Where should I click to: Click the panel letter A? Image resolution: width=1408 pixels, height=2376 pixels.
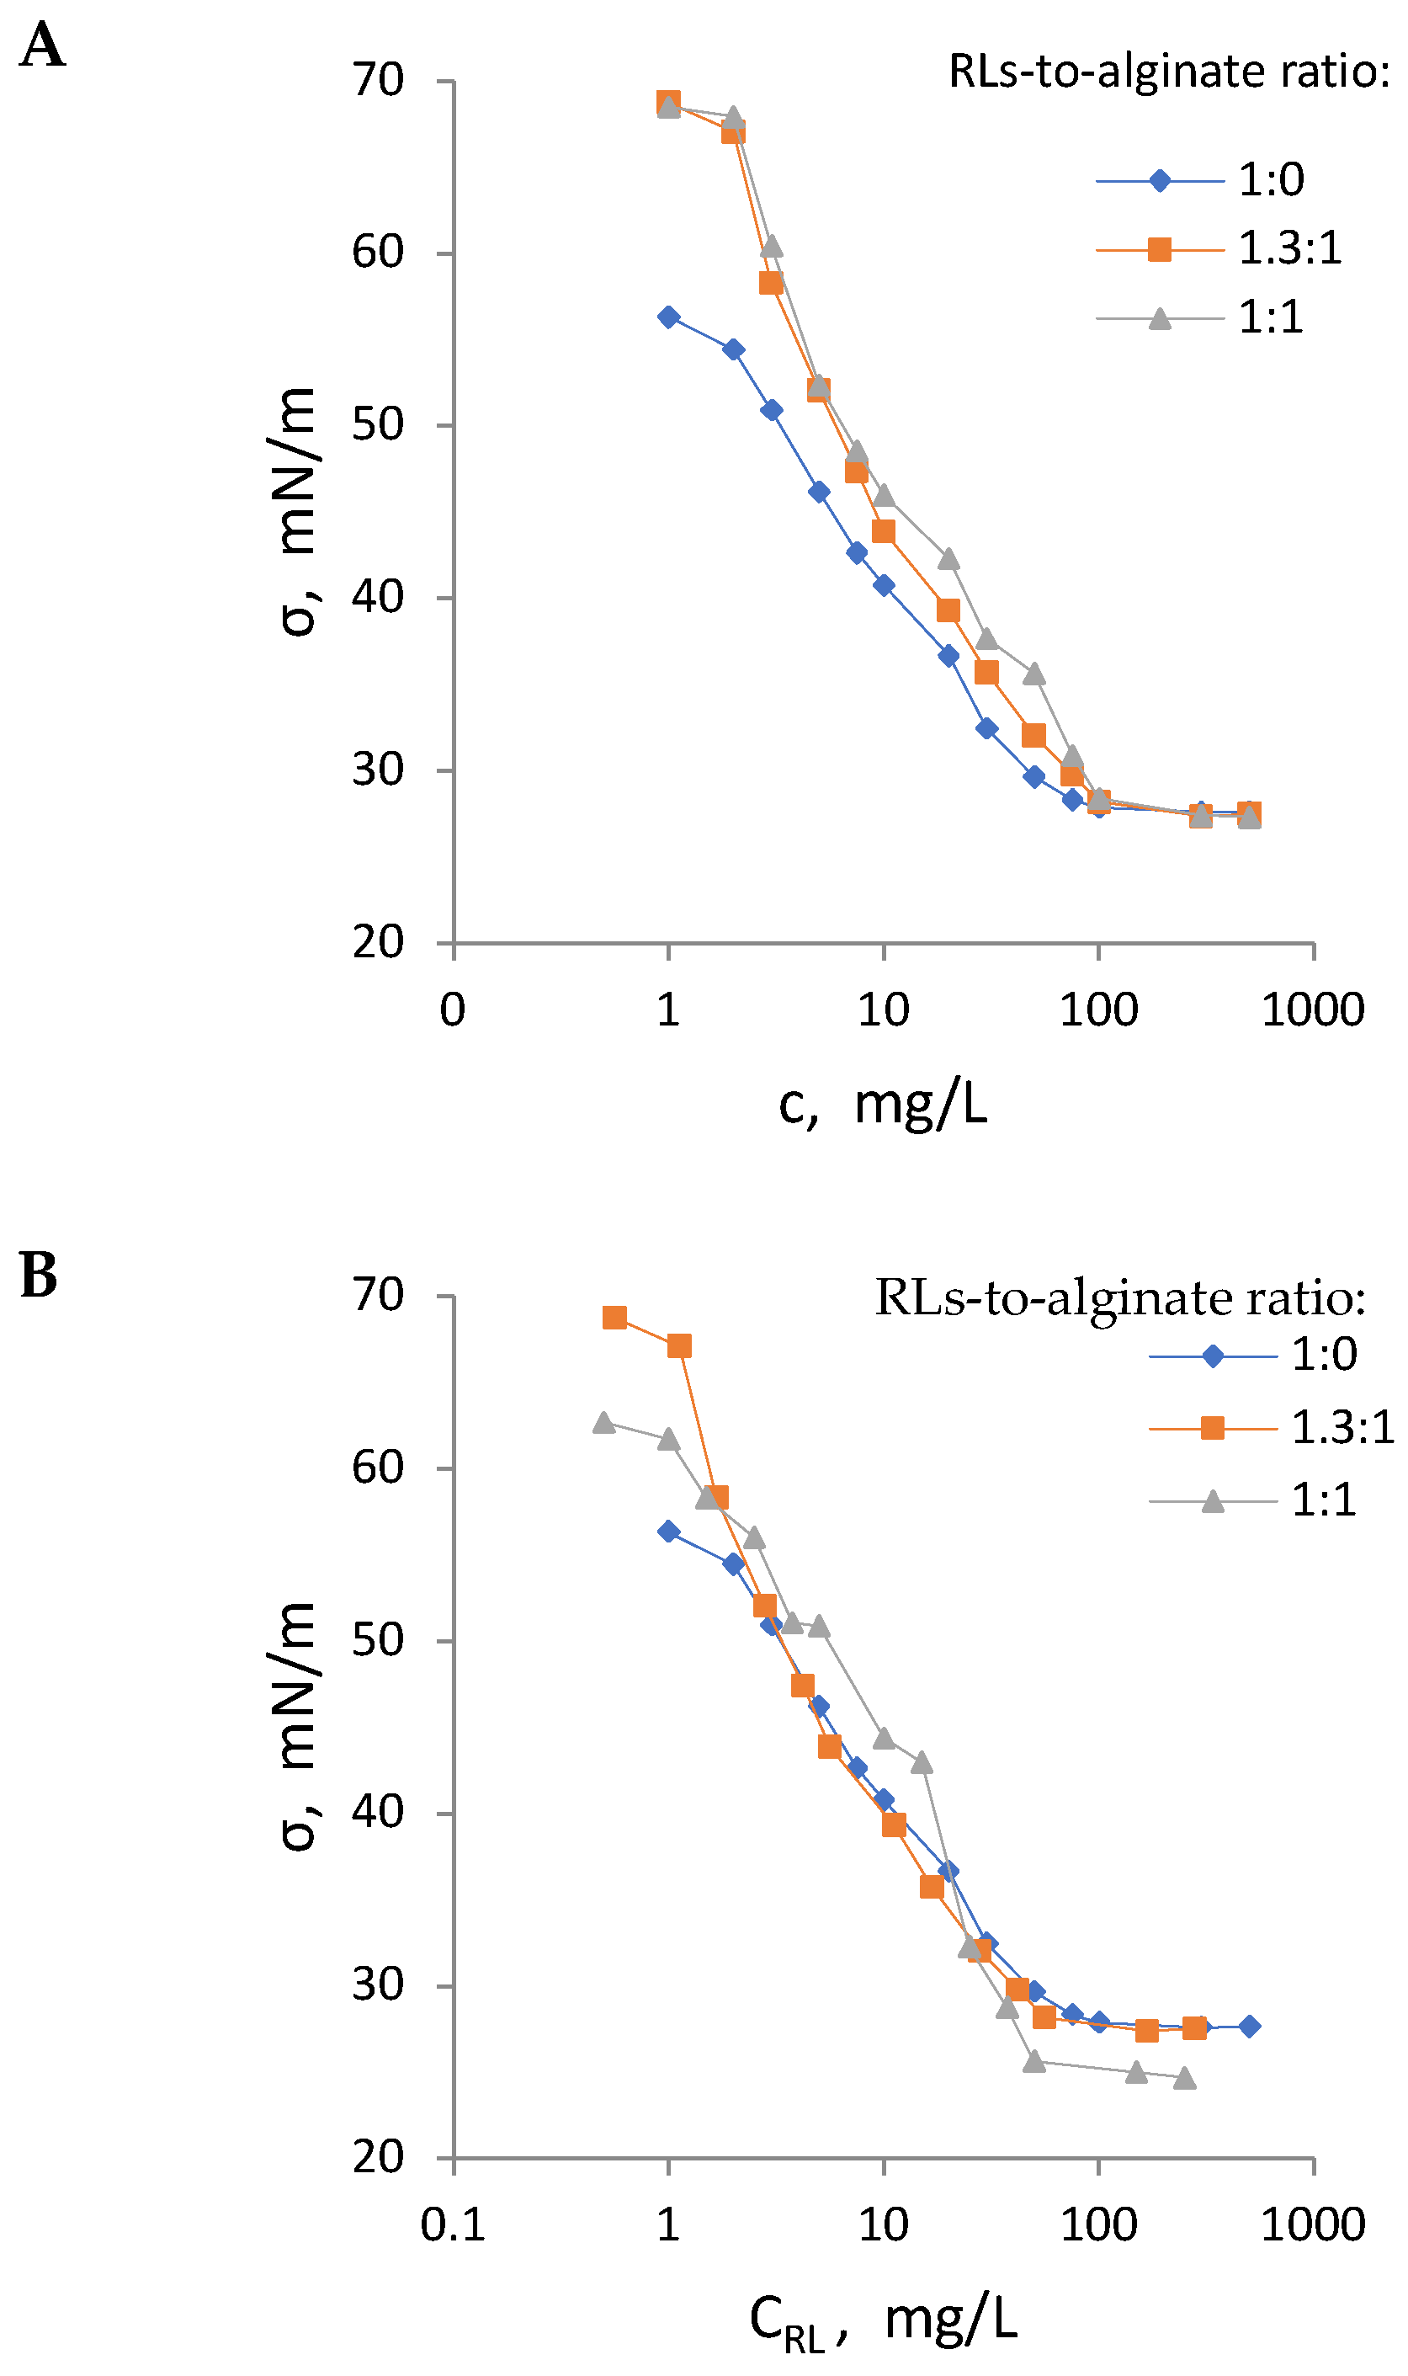pos(42,45)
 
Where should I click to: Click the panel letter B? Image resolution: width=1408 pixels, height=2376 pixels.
pos(39,1276)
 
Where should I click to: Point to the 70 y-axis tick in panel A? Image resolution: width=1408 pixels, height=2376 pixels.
pos(379,81)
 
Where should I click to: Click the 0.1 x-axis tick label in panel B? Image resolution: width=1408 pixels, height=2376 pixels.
pos(453,2225)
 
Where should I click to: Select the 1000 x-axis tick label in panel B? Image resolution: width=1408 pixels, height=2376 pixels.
pos(1312,2225)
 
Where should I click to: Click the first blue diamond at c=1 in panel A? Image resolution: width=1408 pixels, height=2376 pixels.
pos(669,317)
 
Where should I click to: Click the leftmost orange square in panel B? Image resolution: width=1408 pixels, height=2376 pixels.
pos(615,1317)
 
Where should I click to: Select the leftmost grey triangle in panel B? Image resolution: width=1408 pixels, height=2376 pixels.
pos(603,1423)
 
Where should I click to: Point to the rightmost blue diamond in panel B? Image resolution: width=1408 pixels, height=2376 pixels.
pos(1250,2026)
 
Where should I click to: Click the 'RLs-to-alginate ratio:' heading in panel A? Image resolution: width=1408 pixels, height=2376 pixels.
pos(1169,72)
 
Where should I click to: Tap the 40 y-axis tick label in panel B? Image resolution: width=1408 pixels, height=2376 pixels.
pos(379,1814)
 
